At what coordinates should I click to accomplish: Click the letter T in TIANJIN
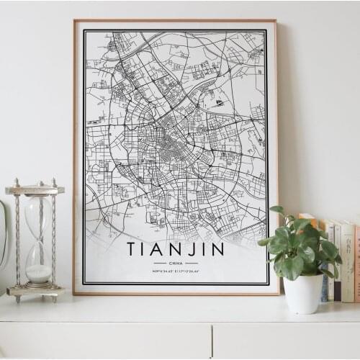point(132,250)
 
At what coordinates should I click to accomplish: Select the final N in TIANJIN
point(217,250)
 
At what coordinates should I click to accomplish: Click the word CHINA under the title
point(176,264)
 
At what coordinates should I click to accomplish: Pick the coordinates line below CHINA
point(176,271)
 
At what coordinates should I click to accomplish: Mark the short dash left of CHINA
point(160,264)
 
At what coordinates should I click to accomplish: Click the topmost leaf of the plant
point(277,210)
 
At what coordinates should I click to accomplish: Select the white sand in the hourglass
point(39,273)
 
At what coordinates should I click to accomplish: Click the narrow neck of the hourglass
point(38,243)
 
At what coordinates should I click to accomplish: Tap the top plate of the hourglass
point(35,189)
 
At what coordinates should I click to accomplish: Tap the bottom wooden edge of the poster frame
point(176,292)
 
